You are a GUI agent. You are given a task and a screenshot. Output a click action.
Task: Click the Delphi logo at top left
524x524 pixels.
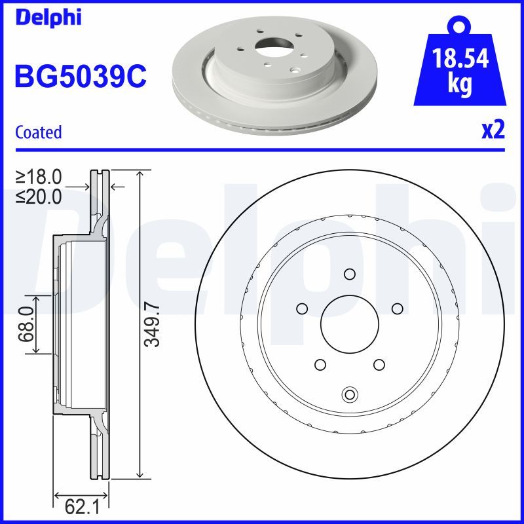click(x=48, y=18)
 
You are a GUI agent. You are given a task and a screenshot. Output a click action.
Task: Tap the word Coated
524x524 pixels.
click(x=38, y=132)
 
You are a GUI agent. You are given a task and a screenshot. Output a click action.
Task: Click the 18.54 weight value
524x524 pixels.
click(x=460, y=60)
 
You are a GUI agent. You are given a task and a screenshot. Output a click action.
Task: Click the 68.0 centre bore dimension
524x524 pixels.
click(x=26, y=325)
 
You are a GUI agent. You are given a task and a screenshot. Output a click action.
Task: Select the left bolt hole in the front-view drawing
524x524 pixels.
click(x=302, y=308)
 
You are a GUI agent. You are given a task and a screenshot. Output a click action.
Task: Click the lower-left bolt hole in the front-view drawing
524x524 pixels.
click(x=320, y=364)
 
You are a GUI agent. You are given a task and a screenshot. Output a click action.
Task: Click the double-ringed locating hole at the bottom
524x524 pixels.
click(x=350, y=394)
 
